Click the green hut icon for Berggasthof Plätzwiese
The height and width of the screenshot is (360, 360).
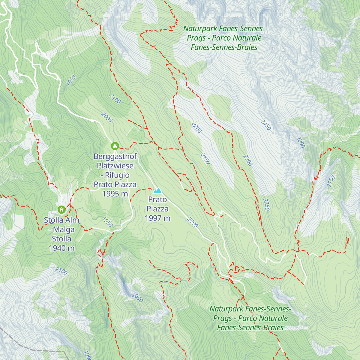pos(115,146)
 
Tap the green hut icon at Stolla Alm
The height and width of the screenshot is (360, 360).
pos(61,209)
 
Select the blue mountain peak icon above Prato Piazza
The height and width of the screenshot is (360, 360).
pos(157,190)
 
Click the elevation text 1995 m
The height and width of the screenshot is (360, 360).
pos(115,194)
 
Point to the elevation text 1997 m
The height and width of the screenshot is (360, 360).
pos(157,218)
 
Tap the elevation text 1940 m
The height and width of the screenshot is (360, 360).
pos(61,248)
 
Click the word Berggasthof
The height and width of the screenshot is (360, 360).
pos(115,156)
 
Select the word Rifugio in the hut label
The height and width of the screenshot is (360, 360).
pos(117,175)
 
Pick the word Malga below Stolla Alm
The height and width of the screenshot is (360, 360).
pos(64,229)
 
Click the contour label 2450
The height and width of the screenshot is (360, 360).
pos(265,125)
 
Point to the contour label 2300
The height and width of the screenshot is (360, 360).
pos(248,160)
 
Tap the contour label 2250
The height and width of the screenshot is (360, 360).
pos(266,205)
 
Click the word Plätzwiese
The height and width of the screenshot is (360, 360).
pos(115,166)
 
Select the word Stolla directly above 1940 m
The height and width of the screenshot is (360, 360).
pos(61,239)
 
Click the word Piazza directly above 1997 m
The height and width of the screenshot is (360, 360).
pos(157,209)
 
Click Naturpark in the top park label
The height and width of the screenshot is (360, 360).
pos(200,28)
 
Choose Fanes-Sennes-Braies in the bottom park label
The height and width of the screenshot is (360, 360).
pos(250,328)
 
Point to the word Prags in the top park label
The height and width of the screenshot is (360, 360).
pos(196,38)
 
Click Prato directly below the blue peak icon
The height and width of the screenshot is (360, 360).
pos(157,199)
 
